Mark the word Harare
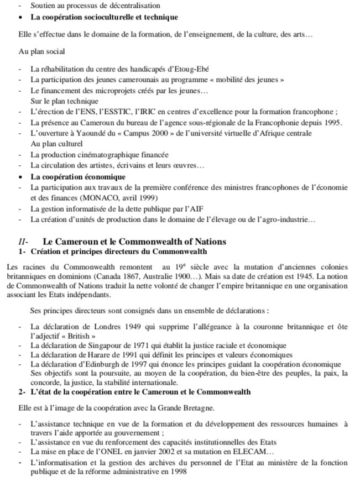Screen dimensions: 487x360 click(x=92, y=355)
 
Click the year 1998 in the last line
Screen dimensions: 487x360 click(x=176, y=473)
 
